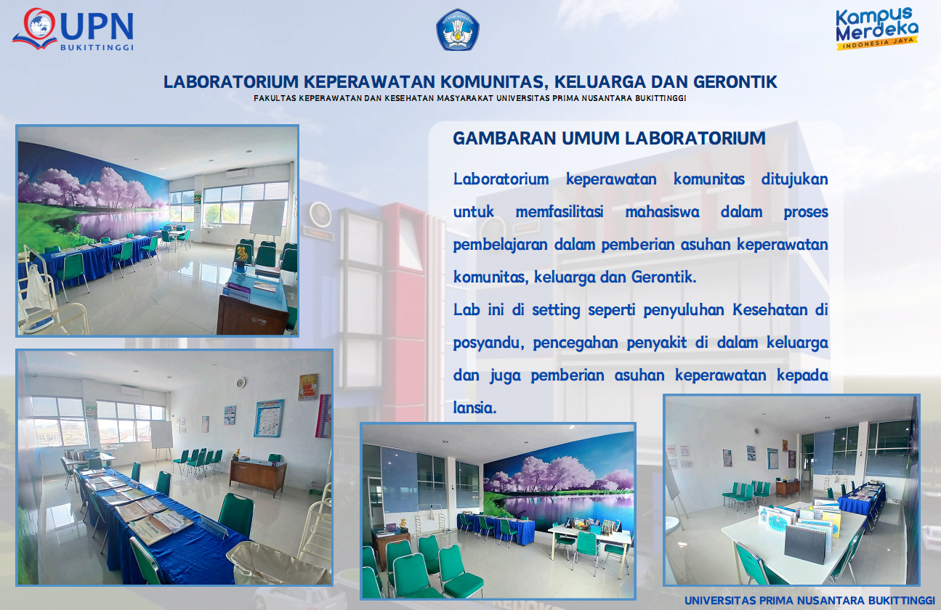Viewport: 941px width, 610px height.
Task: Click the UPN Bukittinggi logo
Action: (x=73, y=29)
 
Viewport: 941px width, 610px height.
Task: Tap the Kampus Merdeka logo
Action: (x=877, y=28)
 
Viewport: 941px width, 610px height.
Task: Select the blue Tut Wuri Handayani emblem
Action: (x=458, y=30)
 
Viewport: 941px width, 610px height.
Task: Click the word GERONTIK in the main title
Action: (x=735, y=82)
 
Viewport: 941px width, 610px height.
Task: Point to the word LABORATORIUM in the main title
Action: (x=230, y=82)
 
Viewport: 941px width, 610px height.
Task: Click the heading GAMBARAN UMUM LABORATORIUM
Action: (x=609, y=139)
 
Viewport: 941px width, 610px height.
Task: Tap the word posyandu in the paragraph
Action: (x=488, y=343)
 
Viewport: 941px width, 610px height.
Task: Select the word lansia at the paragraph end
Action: (x=474, y=407)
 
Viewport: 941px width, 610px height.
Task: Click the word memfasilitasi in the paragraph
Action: (x=560, y=211)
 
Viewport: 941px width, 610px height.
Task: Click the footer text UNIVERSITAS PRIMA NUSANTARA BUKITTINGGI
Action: (x=809, y=601)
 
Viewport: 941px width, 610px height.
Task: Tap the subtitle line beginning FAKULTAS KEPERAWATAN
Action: (x=469, y=98)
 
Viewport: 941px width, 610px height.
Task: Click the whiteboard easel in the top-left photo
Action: (x=267, y=221)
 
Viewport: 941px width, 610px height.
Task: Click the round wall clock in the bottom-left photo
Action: (x=241, y=383)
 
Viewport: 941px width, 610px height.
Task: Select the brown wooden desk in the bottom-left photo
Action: (x=258, y=475)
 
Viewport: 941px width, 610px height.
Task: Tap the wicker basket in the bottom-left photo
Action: (x=278, y=563)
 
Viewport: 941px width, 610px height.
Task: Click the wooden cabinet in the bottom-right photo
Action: (x=788, y=488)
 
